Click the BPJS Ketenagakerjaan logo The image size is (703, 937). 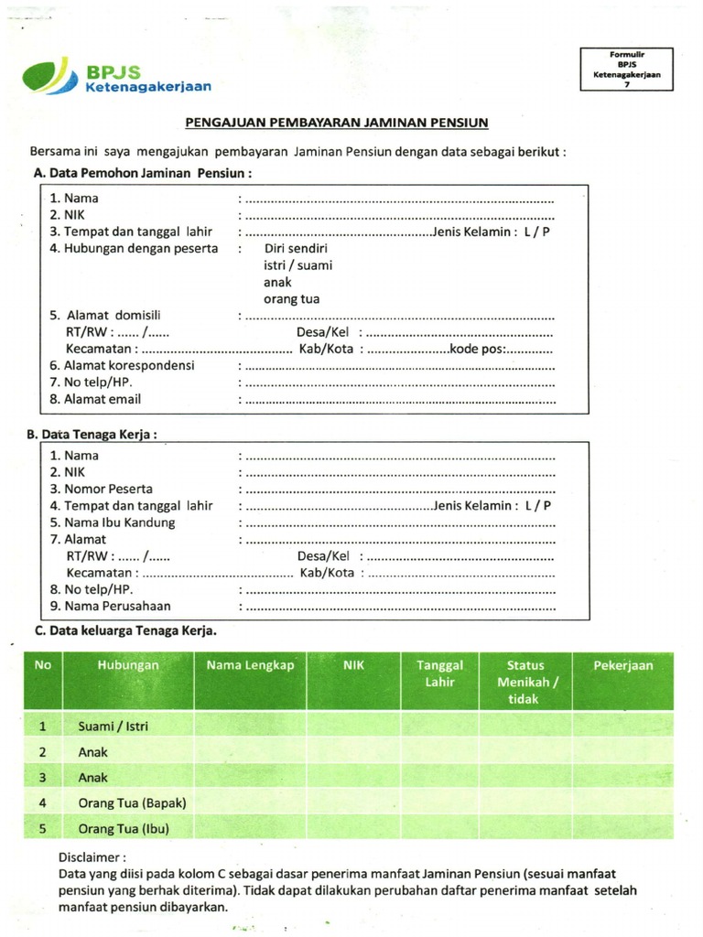click(x=116, y=77)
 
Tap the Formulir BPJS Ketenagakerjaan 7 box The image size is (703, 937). click(x=627, y=70)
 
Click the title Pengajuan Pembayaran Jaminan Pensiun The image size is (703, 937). click(x=337, y=122)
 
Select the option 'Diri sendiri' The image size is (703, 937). click(x=296, y=249)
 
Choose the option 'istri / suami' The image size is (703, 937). click(x=297, y=265)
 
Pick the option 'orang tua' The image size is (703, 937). click(x=291, y=299)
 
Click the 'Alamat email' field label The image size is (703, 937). click(x=96, y=399)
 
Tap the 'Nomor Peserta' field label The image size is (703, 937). click(x=102, y=489)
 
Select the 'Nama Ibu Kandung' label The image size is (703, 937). click(x=113, y=522)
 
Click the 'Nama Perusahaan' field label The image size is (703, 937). click(x=111, y=606)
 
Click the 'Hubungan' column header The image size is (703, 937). click(x=128, y=666)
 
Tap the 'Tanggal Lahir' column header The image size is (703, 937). click(x=439, y=673)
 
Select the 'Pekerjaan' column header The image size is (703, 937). click(x=622, y=666)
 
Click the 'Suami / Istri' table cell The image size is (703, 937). click(x=114, y=727)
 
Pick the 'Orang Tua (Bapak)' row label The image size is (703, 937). click(x=132, y=802)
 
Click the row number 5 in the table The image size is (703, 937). click(x=42, y=828)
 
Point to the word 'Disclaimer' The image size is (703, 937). click(x=91, y=857)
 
